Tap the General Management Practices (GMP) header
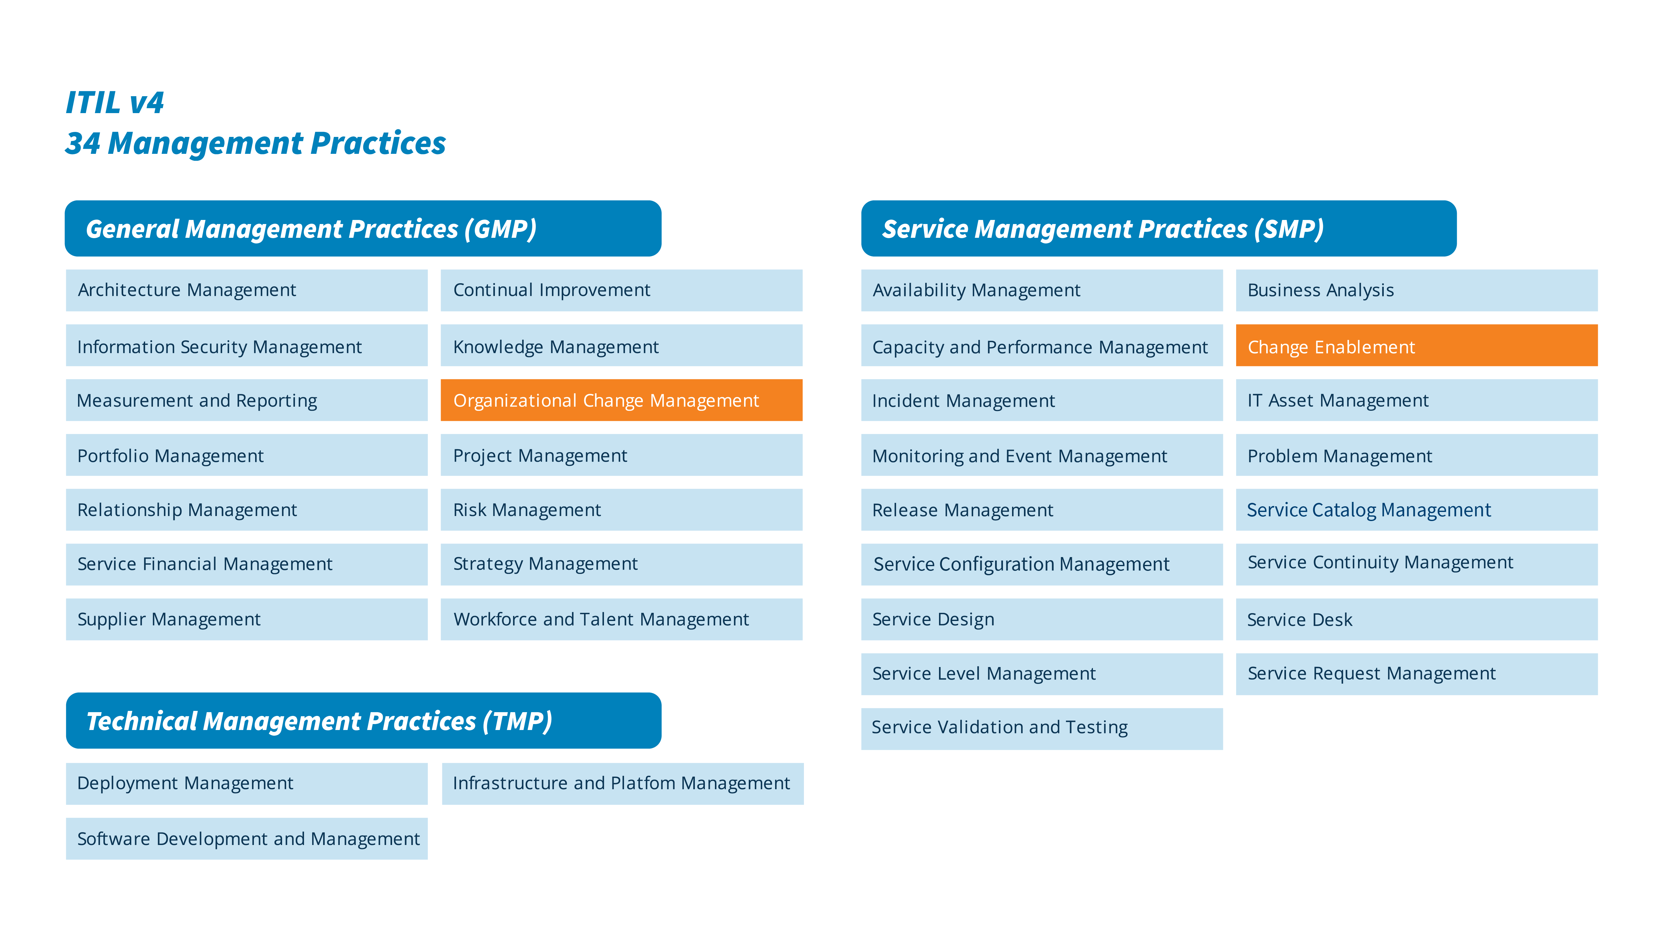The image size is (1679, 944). pyautogui.click(x=362, y=229)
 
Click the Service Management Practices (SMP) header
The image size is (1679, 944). pyautogui.click(x=1158, y=229)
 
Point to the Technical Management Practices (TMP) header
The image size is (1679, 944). pyautogui.click(x=363, y=721)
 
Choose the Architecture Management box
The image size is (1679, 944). pyautogui.click(x=246, y=290)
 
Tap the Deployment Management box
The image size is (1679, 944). pyautogui.click(x=246, y=783)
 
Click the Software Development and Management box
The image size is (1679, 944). pyautogui.click(x=246, y=838)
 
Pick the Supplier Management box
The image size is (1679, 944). pyautogui.click(x=246, y=619)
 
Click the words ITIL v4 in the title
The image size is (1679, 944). pyautogui.click(x=115, y=102)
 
